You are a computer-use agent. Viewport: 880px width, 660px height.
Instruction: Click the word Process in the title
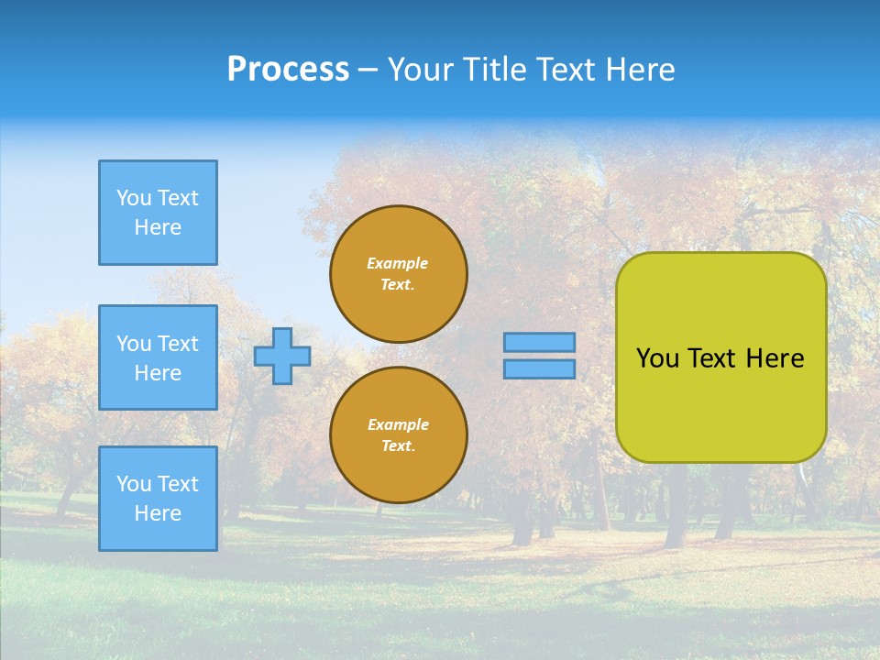288,70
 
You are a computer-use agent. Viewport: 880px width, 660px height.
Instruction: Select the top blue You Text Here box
158,213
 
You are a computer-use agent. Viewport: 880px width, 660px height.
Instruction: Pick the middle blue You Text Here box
158,357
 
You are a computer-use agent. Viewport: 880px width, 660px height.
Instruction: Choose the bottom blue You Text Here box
158,499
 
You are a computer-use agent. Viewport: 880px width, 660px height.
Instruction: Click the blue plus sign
282,356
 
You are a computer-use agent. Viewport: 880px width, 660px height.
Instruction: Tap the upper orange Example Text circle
399,274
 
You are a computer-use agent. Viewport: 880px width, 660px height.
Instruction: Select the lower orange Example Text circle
399,435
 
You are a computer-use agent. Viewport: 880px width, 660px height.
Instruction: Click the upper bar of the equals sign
539,343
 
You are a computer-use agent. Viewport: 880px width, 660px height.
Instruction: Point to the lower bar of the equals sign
539,369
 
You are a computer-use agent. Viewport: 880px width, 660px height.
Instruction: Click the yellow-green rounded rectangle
721,403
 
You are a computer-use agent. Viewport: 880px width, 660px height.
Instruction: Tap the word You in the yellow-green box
657,358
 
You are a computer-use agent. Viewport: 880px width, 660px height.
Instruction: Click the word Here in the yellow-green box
775,358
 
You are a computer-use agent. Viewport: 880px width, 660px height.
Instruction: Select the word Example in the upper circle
397,263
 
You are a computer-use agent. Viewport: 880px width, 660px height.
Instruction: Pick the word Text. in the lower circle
398,446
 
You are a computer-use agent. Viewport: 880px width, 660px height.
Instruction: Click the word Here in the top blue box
158,227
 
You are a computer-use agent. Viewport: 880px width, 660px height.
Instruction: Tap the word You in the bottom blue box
134,484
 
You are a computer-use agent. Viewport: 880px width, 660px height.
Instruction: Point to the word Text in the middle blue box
177,344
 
